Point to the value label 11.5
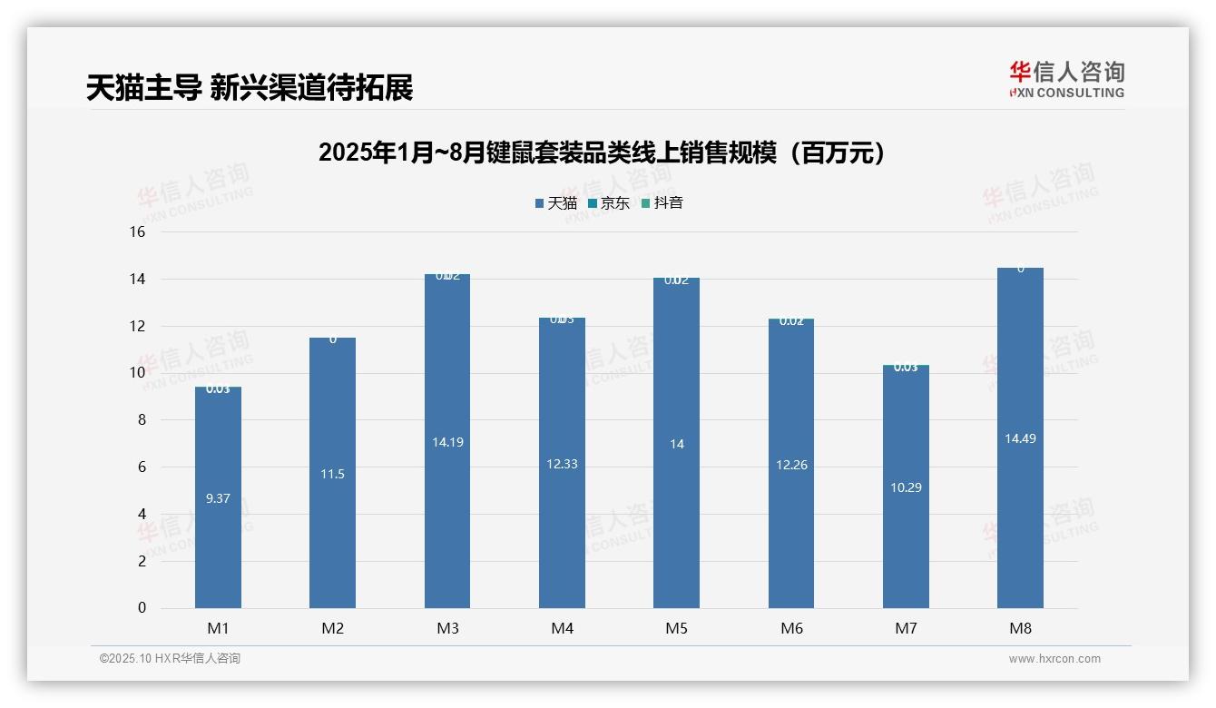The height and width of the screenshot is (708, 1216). pos(333,474)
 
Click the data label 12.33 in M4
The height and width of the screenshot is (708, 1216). pos(562,464)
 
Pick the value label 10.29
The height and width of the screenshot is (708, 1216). pos(906,487)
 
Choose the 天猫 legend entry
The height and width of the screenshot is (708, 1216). pos(556,203)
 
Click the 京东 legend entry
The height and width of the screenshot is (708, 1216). pos(609,203)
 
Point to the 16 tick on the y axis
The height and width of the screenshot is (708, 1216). pos(138,231)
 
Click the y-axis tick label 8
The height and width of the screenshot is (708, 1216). pos(142,419)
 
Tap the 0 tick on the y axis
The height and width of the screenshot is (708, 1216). pos(142,608)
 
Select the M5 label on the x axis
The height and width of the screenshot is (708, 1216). pos(677,628)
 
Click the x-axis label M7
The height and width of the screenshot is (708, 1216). pos(906,628)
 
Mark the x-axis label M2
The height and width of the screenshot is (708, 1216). pos(333,628)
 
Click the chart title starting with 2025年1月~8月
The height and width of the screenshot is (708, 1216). pos(602,152)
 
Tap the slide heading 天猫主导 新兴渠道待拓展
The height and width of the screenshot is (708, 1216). pos(250,87)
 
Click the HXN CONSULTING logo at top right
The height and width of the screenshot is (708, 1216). pos(1066,79)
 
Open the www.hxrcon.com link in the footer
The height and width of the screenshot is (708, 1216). pos(1054,659)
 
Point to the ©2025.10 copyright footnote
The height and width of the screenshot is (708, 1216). pos(170,659)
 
